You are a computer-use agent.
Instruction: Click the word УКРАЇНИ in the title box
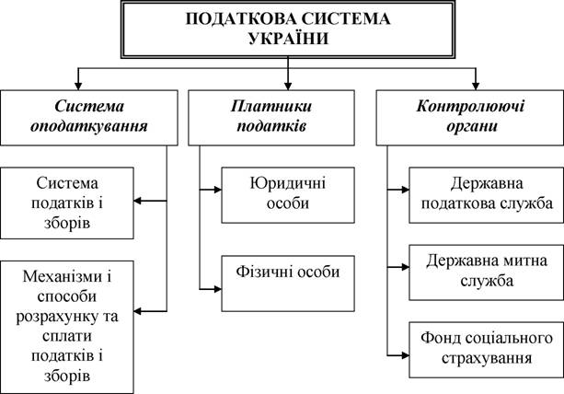[x=289, y=38]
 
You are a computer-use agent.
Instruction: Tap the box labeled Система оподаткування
[x=89, y=118]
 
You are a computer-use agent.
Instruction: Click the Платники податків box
[x=271, y=118]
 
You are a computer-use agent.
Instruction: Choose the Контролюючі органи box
[x=470, y=118]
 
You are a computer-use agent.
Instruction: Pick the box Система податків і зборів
[x=67, y=203]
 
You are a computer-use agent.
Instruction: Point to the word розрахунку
[x=58, y=317]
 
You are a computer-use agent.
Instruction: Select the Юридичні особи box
[x=288, y=195]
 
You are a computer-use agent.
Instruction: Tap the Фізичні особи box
[x=288, y=284]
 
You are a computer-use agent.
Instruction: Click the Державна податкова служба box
[x=487, y=195]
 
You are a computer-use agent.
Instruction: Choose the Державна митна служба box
[x=487, y=272]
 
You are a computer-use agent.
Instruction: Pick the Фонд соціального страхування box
[x=487, y=350]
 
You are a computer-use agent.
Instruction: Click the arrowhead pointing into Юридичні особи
[x=218, y=190]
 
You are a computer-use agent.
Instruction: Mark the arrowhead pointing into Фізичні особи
[x=218, y=289]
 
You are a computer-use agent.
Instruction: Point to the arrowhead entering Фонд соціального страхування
[x=406, y=355]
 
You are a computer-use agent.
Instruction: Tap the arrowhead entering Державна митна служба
[x=406, y=267]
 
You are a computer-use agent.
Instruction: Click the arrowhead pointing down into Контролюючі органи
[x=476, y=86]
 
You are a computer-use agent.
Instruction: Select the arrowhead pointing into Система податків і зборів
[x=138, y=201]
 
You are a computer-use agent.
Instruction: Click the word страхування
[x=487, y=358]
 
